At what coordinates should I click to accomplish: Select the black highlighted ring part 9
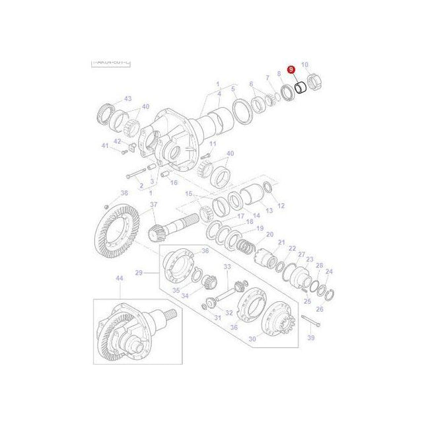(x=300, y=87)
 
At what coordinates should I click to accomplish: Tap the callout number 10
(x=304, y=65)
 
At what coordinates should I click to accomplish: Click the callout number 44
(x=120, y=279)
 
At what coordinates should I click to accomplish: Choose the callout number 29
(x=139, y=272)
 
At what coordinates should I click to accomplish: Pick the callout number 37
(x=153, y=205)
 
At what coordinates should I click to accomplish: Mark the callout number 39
(x=311, y=337)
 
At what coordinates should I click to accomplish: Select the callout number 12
(x=281, y=205)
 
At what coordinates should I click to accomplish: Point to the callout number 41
(x=104, y=146)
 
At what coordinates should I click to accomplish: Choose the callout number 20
(x=269, y=234)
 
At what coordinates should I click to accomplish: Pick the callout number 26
(x=320, y=308)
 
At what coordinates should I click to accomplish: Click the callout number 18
(x=249, y=223)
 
